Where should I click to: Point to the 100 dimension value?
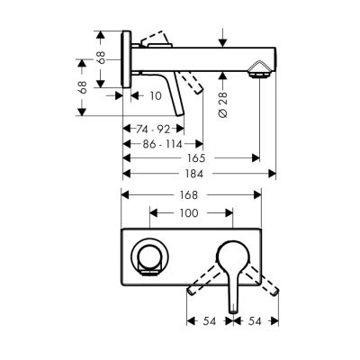coord(188,213)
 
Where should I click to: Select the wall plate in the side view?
coord(130,62)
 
